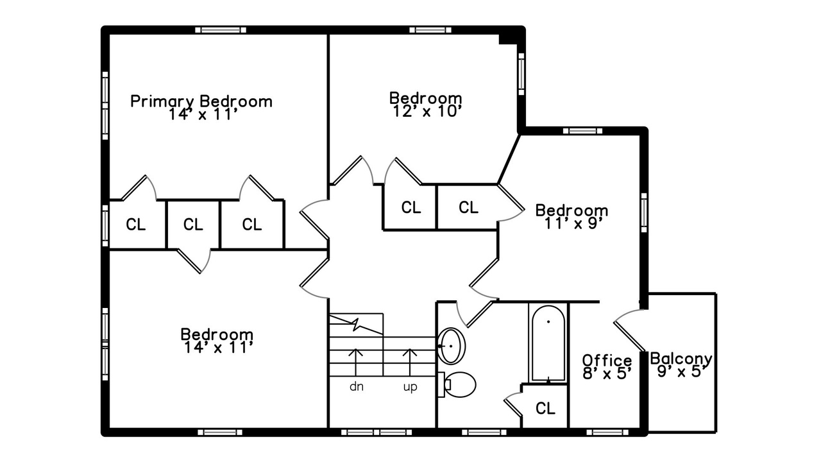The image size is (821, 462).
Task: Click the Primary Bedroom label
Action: (x=201, y=101)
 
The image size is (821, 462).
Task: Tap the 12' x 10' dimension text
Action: (x=425, y=111)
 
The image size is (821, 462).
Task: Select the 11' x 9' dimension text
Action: (x=573, y=223)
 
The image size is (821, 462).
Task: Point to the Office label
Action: (x=607, y=360)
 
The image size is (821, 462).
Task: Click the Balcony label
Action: (x=681, y=359)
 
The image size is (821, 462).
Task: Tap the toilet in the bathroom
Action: (x=457, y=384)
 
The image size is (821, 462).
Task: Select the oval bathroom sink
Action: (x=452, y=346)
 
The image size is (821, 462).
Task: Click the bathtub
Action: (x=548, y=343)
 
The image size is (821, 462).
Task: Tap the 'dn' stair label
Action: (x=356, y=386)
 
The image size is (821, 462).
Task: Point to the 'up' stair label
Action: (x=410, y=387)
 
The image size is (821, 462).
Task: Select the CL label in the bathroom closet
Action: (x=545, y=407)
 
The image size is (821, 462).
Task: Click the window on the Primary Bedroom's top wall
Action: (x=221, y=30)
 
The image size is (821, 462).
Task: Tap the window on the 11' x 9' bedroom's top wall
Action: (x=582, y=131)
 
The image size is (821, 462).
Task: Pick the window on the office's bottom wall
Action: (x=607, y=432)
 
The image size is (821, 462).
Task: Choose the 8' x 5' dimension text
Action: (x=607, y=373)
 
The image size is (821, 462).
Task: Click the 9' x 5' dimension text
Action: (x=681, y=372)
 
